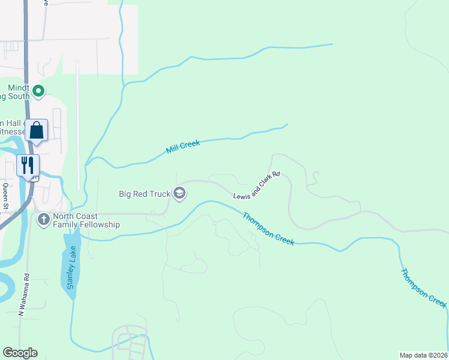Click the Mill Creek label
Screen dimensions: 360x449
(x=183, y=147)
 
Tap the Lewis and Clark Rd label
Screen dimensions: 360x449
(x=257, y=185)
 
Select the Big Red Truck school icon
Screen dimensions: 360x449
(x=179, y=193)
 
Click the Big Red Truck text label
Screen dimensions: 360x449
(x=144, y=193)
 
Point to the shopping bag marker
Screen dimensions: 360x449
(x=37, y=130)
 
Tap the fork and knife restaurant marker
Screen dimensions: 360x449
(x=28, y=165)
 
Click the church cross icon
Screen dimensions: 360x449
(x=44, y=220)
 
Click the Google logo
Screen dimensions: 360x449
(x=20, y=353)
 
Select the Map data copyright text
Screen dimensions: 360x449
(x=424, y=355)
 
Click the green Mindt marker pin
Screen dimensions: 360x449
(x=38, y=92)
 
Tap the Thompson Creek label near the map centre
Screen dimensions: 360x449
(x=268, y=228)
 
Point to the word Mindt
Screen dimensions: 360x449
(x=19, y=87)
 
